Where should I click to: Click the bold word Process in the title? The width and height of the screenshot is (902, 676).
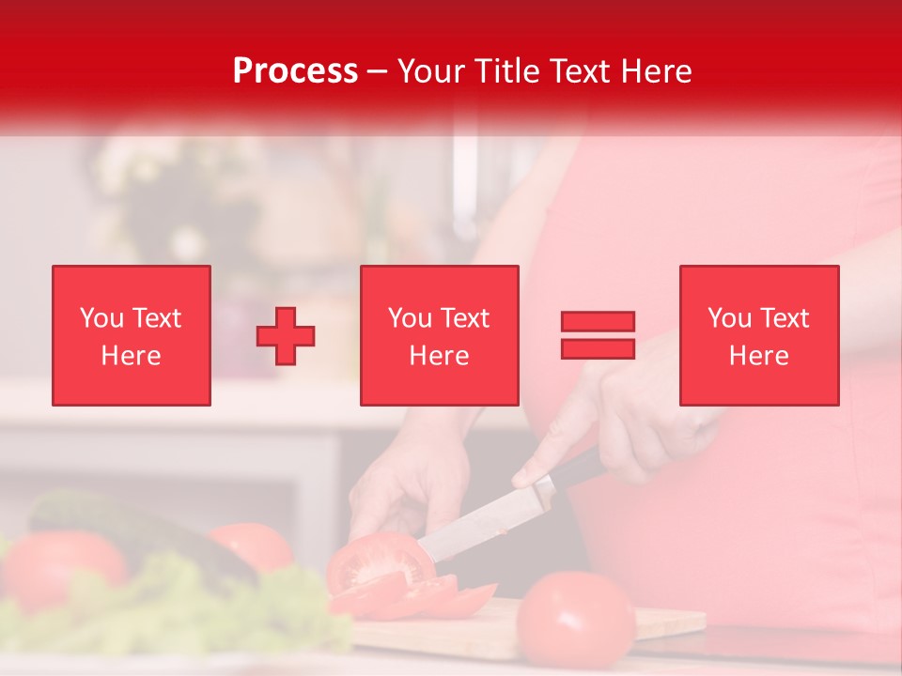[x=295, y=70]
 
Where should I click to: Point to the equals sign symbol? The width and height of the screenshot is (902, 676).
[x=598, y=335]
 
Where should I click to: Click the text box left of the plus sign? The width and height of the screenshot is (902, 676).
[x=132, y=335]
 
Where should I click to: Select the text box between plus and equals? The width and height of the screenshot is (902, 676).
[x=439, y=335]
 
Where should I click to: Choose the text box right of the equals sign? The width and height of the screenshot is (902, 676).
[x=758, y=335]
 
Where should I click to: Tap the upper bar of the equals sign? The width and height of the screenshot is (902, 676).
[x=598, y=322]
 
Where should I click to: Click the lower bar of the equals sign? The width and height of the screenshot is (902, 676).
[x=598, y=348]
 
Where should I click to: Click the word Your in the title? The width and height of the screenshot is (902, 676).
[x=433, y=70]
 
